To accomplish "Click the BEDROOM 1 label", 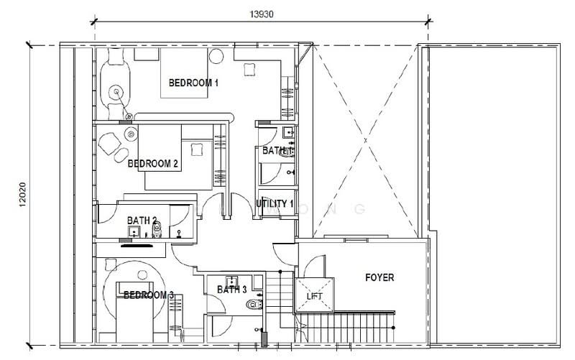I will pos(193,83).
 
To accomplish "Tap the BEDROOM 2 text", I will pos(153,164).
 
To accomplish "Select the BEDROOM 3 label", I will pos(149,295).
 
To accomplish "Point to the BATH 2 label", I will pos(144,220).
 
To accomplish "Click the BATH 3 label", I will pos(232,290).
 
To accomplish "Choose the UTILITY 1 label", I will pos(275,203).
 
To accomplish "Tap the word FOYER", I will pos(379,277).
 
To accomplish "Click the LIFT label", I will pos(315,296).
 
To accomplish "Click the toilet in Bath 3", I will pos(251,305).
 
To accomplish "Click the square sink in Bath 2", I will pos(134,232).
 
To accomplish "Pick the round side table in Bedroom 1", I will pos(216,58).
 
